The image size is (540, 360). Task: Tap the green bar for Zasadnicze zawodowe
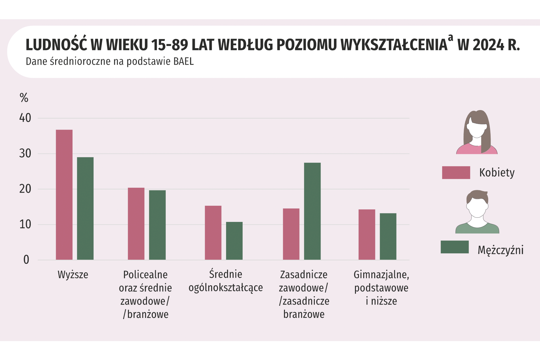pyautogui.click(x=312, y=211)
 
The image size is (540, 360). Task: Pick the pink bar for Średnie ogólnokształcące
pyautogui.click(x=213, y=233)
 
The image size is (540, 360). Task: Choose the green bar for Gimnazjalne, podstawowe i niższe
pyautogui.click(x=388, y=236)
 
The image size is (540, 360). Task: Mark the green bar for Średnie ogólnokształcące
pyautogui.click(x=234, y=241)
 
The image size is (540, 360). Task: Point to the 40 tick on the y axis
pyautogui.click(x=25, y=118)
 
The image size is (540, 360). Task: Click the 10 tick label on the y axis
pyautogui.click(x=25, y=225)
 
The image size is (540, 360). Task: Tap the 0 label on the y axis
pyautogui.click(x=26, y=260)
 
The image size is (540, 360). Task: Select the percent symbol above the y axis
pyautogui.click(x=24, y=98)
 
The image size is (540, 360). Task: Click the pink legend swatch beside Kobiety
pyautogui.click(x=456, y=173)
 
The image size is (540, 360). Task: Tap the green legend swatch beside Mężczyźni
pyautogui.click(x=454, y=247)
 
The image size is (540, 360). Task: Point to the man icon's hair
pyautogui.click(x=477, y=195)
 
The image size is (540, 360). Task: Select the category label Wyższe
pyautogui.click(x=73, y=275)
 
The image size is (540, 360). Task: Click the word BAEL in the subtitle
pyautogui.click(x=183, y=61)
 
